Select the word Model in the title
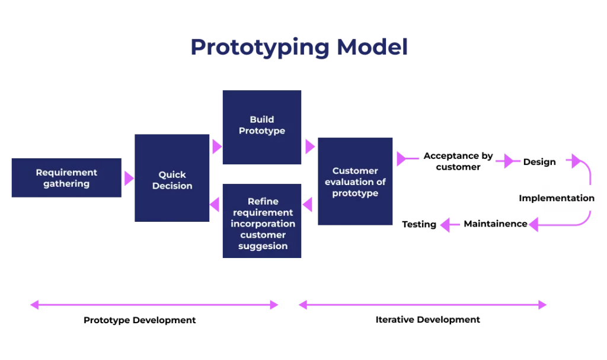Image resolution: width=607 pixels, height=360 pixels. click(372, 48)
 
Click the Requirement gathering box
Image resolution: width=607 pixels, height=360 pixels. click(66, 178)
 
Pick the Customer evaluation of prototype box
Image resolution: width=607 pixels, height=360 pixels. click(355, 182)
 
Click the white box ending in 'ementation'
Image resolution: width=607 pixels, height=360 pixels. click(571, 198)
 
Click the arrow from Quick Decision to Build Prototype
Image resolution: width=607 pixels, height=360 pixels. click(216, 146)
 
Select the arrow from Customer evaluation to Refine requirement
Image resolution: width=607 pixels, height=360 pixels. click(308, 205)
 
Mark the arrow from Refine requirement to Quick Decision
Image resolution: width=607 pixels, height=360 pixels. click(216, 205)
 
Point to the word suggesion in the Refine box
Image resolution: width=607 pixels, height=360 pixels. click(263, 246)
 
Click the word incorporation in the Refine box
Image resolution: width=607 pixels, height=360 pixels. click(263, 224)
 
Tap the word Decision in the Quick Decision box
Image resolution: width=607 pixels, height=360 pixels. click(172, 186)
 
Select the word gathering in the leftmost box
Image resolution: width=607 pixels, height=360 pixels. click(66, 184)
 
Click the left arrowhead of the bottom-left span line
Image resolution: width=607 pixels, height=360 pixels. click(35, 305)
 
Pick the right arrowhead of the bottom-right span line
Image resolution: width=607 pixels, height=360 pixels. click(542, 306)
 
